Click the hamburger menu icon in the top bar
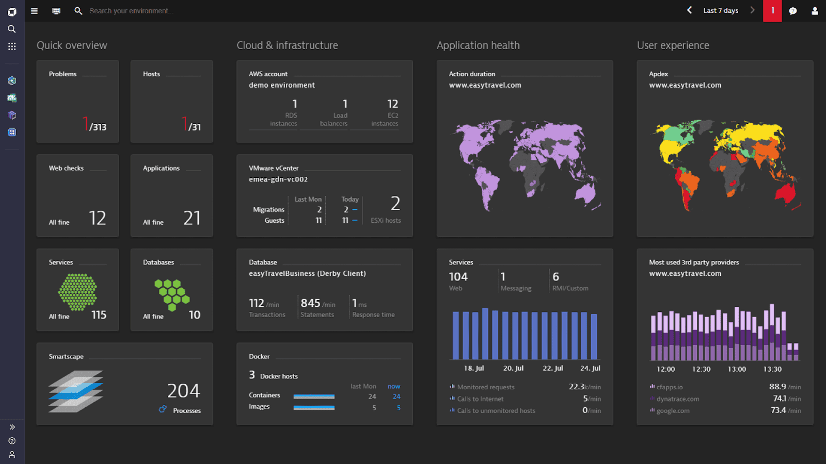pyautogui.click(x=34, y=11)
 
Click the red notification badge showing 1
pyautogui.click(x=772, y=11)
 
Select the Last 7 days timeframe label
pyautogui.click(x=721, y=11)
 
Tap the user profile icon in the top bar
pyautogui.click(x=815, y=11)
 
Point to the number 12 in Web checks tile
pyautogui.click(x=97, y=218)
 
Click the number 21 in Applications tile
pyautogui.click(x=192, y=218)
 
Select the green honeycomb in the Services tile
pyautogui.click(x=77, y=292)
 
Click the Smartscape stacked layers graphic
pyautogui.click(x=76, y=391)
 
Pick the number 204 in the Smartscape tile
pyautogui.click(x=183, y=391)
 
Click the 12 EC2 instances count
pyautogui.click(x=392, y=104)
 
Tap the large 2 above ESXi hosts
pyautogui.click(x=395, y=204)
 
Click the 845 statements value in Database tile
pyautogui.click(x=310, y=303)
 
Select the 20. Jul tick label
pyautogui.click(x=513, y=368)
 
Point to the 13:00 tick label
pyautogui.click(x=737, y=369)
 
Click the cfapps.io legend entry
pyautogui.click(x=669, y=387)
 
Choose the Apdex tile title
pyautogui.click(x=658, y=74)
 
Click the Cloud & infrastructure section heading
pyautogui.click(x=287, y=45)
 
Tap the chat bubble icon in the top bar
pyautogui.click(x=793, y=11)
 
